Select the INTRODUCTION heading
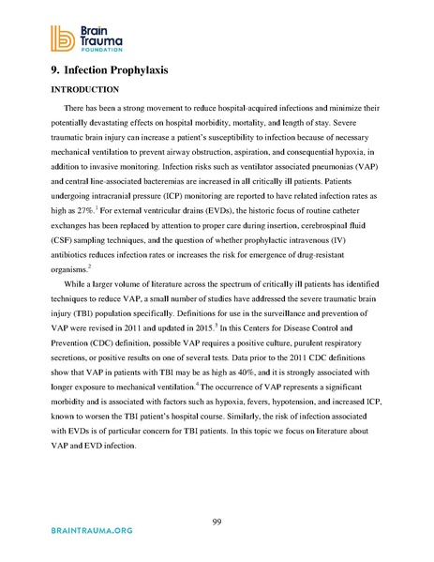pyautogui.click(x=77, y=90)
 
